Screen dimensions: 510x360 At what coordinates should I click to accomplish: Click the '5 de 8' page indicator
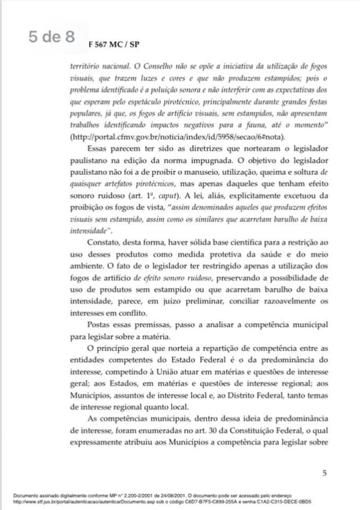52,37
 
